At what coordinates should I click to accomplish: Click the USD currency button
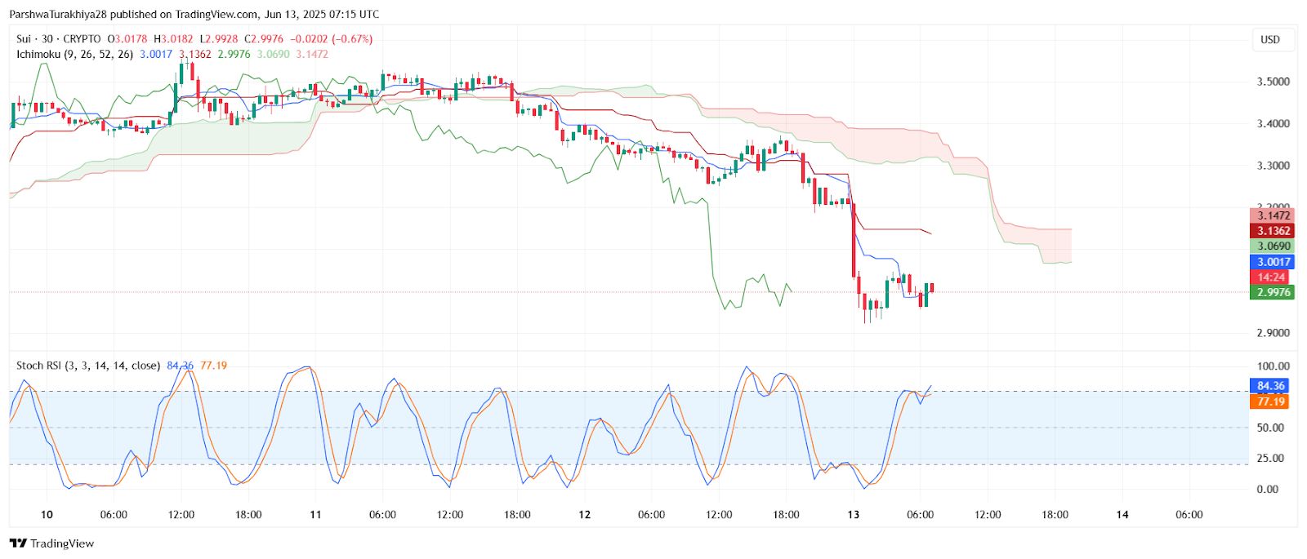click(1270, 39)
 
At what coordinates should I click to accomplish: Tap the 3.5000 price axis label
click(1274, 82)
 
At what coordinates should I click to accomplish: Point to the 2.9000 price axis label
click(1274, 333)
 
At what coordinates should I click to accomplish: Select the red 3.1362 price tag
click(1273, 231)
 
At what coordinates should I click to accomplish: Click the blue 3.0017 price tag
click(1273, 262)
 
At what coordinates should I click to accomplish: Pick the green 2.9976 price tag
click(1273, 292)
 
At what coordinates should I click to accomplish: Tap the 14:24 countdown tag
click(1272, 277)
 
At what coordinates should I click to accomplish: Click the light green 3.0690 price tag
click(1273, 246)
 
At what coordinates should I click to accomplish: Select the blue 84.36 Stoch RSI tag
click(1270, 386)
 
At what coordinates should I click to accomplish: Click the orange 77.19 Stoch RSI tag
click(1270, 402)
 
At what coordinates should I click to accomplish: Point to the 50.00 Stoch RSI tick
click(1269, 428)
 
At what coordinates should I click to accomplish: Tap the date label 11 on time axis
click(315, 515)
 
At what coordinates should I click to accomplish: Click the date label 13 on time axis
click(854, 515)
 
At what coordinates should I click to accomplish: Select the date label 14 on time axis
click(1122, 515)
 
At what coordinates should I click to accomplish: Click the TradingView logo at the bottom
click(52, 543)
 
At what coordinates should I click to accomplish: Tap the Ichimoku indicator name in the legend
click(38, 55)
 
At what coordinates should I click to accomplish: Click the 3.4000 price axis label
click(1274, 124)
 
